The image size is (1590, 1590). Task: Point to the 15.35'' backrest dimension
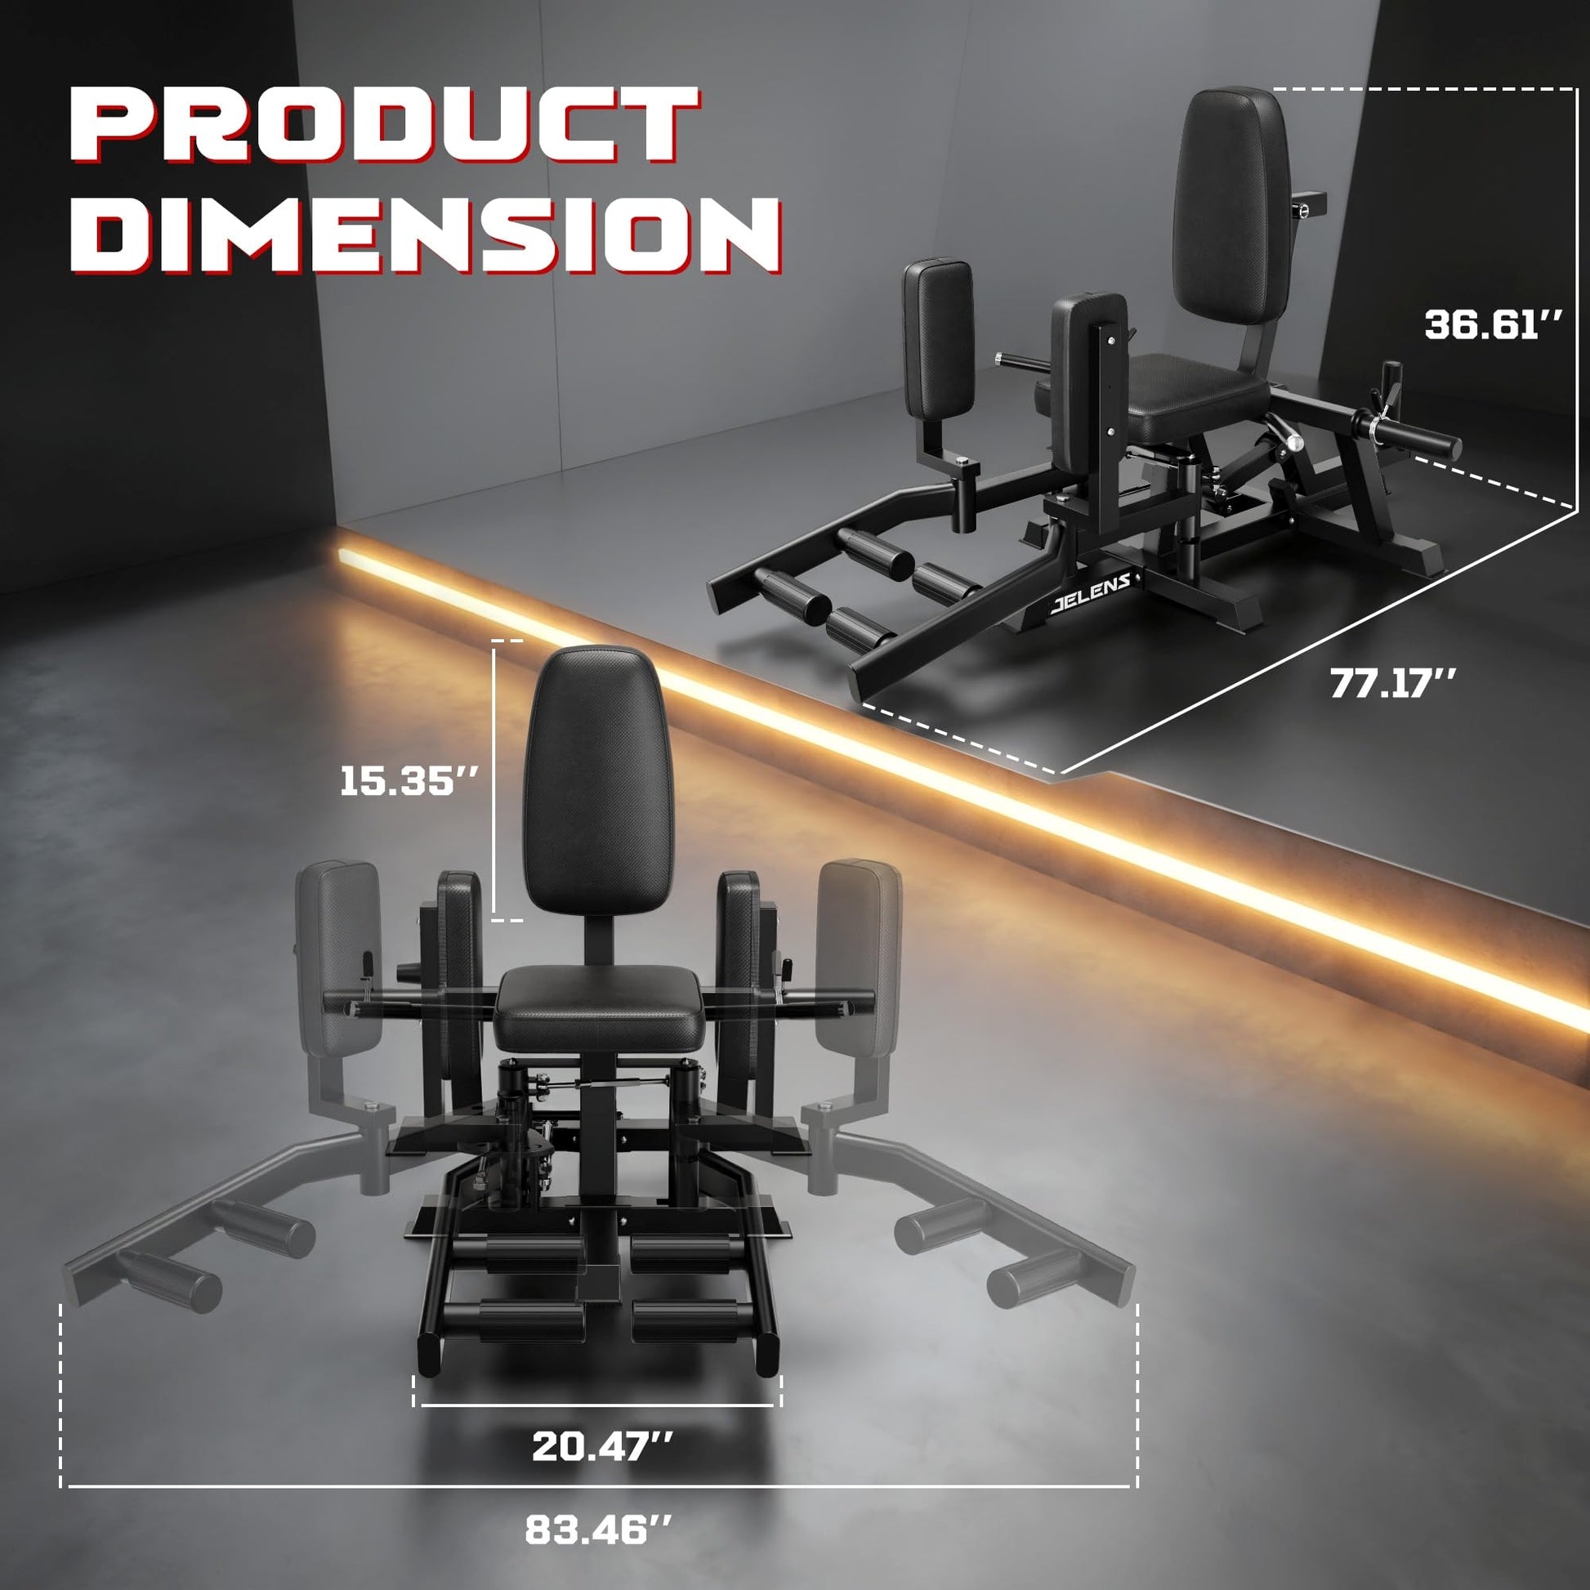coord(409,779)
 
